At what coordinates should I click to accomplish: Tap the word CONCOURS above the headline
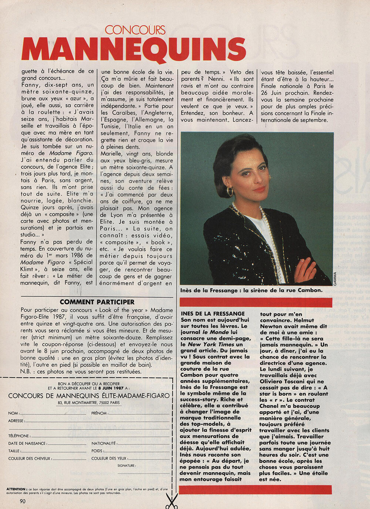pyautogui.click(x=135, y=30)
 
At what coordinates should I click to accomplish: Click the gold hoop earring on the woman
pyautogui.click(x=230, y=191)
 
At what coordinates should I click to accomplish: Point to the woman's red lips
pyautogui.click(x=259, y=189)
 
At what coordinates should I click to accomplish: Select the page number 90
pyautogui.click(x=23, y=501)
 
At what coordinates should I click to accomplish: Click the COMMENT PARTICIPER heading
pyautogui.click(x=97, y=302)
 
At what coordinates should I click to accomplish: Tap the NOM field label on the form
pyautogui.click(x=13, y=413)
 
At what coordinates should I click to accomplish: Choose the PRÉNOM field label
pyautogui.click(x=99, y=413)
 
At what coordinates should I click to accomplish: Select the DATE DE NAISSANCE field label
pyautogui.click(x=27, y=443)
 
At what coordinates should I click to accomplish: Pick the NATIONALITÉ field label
pyautogui.click(x=104, y=443)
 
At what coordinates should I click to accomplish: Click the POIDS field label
pyautogui.click(x=97, y=451)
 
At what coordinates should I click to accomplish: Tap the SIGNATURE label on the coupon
pyautogui.click(x=126, y=466)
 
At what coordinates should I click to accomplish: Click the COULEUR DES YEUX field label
pyautogui.click(x=109, y=458)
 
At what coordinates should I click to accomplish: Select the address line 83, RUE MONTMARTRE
pyautogui.click(x=89, y=403)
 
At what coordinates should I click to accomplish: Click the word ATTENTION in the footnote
pyautogui.click(x=16, y=489)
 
